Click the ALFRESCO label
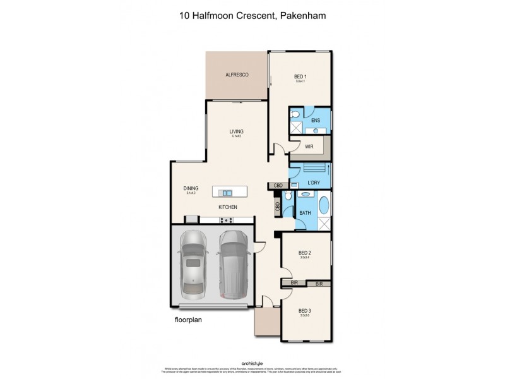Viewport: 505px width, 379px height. click(x=237, y=75)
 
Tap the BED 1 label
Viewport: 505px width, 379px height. click(x=300, y=75)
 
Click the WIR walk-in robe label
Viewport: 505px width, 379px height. click(x=309, y=147)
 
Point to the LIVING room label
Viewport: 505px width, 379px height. click(x=237, y=131)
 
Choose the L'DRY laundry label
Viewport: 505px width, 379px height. click(x=314, y=183)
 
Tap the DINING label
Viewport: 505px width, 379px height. click(x=191, y=188)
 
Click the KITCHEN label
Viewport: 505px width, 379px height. click(x=227, y=207)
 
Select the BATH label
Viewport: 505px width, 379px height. click(x=305, y=214)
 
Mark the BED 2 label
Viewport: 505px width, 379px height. click(x=305, y=253)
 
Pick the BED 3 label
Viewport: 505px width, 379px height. click(x=305, y=310)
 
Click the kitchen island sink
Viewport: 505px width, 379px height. click(x=227, y=192)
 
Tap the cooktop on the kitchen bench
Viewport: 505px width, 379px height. click(x=226, y=220)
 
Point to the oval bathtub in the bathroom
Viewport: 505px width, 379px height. click(x=324, y=207)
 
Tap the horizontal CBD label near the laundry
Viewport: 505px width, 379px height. click(x=277, y=186)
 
